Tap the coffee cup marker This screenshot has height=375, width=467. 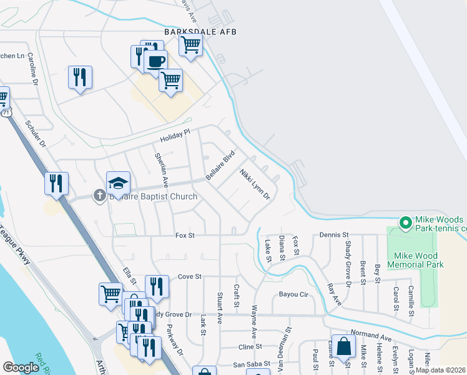[155, 62]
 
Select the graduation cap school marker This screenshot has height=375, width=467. [118, 183]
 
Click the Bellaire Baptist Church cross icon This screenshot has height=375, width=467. [99, 196]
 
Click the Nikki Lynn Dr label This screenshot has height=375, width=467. [255, 183]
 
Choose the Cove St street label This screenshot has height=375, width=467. [190, 276]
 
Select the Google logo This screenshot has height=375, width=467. [21, 367]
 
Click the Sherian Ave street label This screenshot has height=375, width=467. [160, 169]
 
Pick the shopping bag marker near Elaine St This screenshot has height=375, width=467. [343, 346]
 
